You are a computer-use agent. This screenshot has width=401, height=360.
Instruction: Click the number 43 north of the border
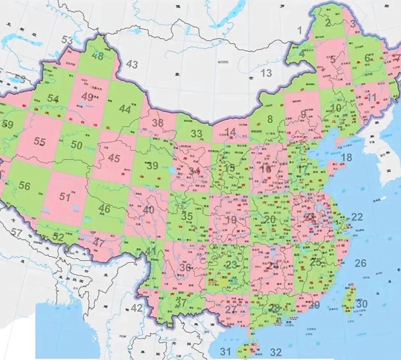pos(132,64)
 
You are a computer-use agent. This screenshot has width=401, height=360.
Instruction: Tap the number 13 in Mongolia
pos(266,73)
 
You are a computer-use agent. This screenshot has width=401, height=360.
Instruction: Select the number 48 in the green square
pos(98,56)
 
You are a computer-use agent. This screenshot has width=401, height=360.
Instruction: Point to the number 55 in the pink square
pos(39,141)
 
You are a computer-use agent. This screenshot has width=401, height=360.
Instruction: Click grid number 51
pos(65,197)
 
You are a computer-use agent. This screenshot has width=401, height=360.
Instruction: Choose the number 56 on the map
pos(25,186)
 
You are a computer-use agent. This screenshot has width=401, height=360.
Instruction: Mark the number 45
pos(114,158)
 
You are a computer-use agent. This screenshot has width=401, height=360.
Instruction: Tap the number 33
pos(196,134)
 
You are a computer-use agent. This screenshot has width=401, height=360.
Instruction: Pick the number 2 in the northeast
pos(327,23)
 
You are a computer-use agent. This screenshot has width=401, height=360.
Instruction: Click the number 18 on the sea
pos(346,157)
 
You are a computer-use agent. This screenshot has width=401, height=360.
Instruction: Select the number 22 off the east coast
pos(357,217)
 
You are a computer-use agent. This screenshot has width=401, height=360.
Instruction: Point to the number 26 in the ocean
pos(360,264)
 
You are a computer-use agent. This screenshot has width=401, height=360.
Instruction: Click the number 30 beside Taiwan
pos(361,304)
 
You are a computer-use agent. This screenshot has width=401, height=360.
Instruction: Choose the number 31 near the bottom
pos(225,351)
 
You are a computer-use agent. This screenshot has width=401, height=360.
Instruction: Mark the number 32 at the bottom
pos(276,352)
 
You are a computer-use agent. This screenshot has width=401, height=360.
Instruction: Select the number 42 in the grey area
pos(137,308)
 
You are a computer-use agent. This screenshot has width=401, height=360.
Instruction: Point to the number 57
pos(16,233)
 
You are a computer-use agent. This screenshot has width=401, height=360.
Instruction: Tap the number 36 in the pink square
pos(185,267)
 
